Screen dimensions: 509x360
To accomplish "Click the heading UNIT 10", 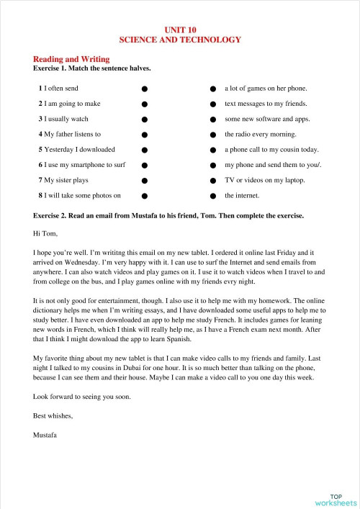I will (179, 30).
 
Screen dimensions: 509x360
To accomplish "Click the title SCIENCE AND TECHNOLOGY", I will (179, 40).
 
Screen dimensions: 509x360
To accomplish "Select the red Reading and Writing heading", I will (71, 58).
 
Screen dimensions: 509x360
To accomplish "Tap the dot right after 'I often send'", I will (145, 89).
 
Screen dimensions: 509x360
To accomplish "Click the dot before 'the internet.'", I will (213, 195).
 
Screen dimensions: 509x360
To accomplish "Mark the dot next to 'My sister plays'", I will (145, 180).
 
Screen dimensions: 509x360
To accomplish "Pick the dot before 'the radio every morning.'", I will (213, 135).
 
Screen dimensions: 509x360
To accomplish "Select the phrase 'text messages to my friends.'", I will (266, 104).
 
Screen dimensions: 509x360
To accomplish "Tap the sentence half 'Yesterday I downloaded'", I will (76, 150).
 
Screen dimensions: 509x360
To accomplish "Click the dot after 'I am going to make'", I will (145, 104).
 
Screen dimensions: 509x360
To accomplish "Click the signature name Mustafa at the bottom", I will (46, 434).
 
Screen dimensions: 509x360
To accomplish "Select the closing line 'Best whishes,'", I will (53, 415).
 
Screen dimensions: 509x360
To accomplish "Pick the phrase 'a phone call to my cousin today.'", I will (271, 150).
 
